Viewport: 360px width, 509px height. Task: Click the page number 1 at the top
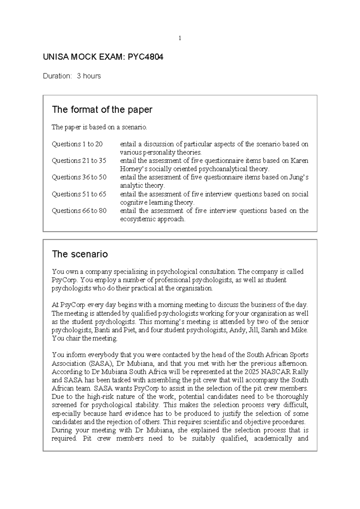tap(180, 38)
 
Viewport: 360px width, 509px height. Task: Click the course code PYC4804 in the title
tap(145, 57)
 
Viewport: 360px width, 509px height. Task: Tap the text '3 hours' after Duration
tap(89, 76)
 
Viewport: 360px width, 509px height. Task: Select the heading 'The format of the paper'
tap(102, 110)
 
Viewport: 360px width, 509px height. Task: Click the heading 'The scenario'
tap(80, 254)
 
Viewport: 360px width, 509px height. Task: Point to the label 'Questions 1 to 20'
tap(77, 144)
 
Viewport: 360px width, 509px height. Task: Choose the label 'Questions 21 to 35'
tap(79, 161)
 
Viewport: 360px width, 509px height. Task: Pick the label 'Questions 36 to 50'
tap(79, 177)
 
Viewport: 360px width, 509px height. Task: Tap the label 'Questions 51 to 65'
tap(79, 194)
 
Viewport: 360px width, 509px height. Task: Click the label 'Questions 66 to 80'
tap(79, 211)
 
